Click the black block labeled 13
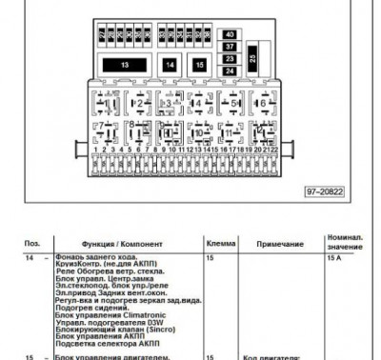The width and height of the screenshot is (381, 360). [126, 65]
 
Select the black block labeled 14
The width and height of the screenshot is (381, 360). [169, 65]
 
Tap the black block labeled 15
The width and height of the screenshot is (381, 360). [198, 65]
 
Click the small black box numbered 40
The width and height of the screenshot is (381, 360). [230, 35]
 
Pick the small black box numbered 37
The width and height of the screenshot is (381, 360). [230, 47]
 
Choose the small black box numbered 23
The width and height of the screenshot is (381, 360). [230, 59]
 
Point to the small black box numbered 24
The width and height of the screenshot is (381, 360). [230, 70]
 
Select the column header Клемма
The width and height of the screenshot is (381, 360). [221, 245]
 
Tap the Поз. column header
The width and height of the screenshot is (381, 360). [32, 245]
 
